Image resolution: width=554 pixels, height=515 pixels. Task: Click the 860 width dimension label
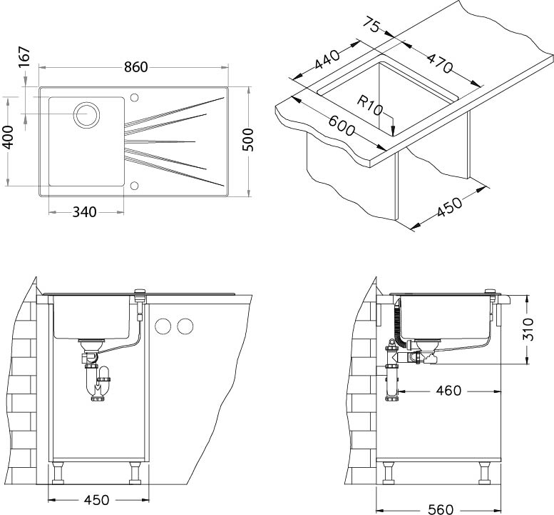pyautogui.click(x=135, y=67)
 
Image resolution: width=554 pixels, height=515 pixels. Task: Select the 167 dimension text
pyautogui.click(x=24, y=57)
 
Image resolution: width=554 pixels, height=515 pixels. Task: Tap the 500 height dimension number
pyautogui.click(x=247, y=140)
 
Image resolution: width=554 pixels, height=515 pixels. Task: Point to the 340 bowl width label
pyautogui.click(x=84, y=212)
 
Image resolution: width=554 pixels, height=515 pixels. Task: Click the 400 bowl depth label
pyautogui.click(x=8, y=137)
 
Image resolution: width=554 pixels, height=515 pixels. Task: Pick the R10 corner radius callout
pyautogui.click(x=369, y=106)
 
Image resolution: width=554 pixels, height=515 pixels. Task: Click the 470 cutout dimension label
pyautogui.click(x=439, y=63)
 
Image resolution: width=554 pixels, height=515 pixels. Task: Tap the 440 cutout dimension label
pyautogui.click(x=327, y=59)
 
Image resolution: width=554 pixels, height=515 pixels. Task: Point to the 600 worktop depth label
pyautogui.click(x=342, y=126)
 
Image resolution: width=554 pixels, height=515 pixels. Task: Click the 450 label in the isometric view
pyautogui.click(x=449, y=207)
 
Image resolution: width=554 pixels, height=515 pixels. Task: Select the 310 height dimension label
pyautogui.click(x=528, y=329)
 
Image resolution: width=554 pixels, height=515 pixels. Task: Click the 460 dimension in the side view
pyautogui.click(x=448, y=391)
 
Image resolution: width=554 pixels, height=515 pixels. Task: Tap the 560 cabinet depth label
pyautogui.click(x=440, y=509)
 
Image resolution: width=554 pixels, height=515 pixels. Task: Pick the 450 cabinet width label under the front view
pyautogui.click(x=96, y=500)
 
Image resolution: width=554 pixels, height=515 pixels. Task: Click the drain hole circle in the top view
pyautogui.click(x=86, y=115)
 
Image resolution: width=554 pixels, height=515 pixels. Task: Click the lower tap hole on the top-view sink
pyautogui.click(x=134, y=186)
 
